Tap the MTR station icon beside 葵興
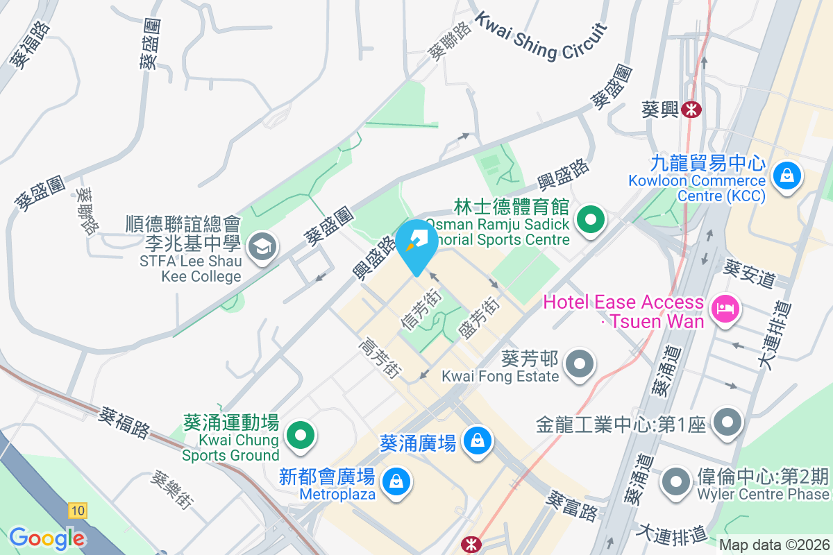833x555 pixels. click(x=691, y=109)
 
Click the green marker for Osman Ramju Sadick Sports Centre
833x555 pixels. click(x=590, y=221)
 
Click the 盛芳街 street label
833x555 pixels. click(x=479, y=318)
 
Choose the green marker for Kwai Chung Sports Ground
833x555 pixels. click(x=301, y=436)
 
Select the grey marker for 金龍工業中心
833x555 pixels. click(x=727, y=421)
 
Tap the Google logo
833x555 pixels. click(x=47, y=538)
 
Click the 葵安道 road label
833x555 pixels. click(x=749, y=274)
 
